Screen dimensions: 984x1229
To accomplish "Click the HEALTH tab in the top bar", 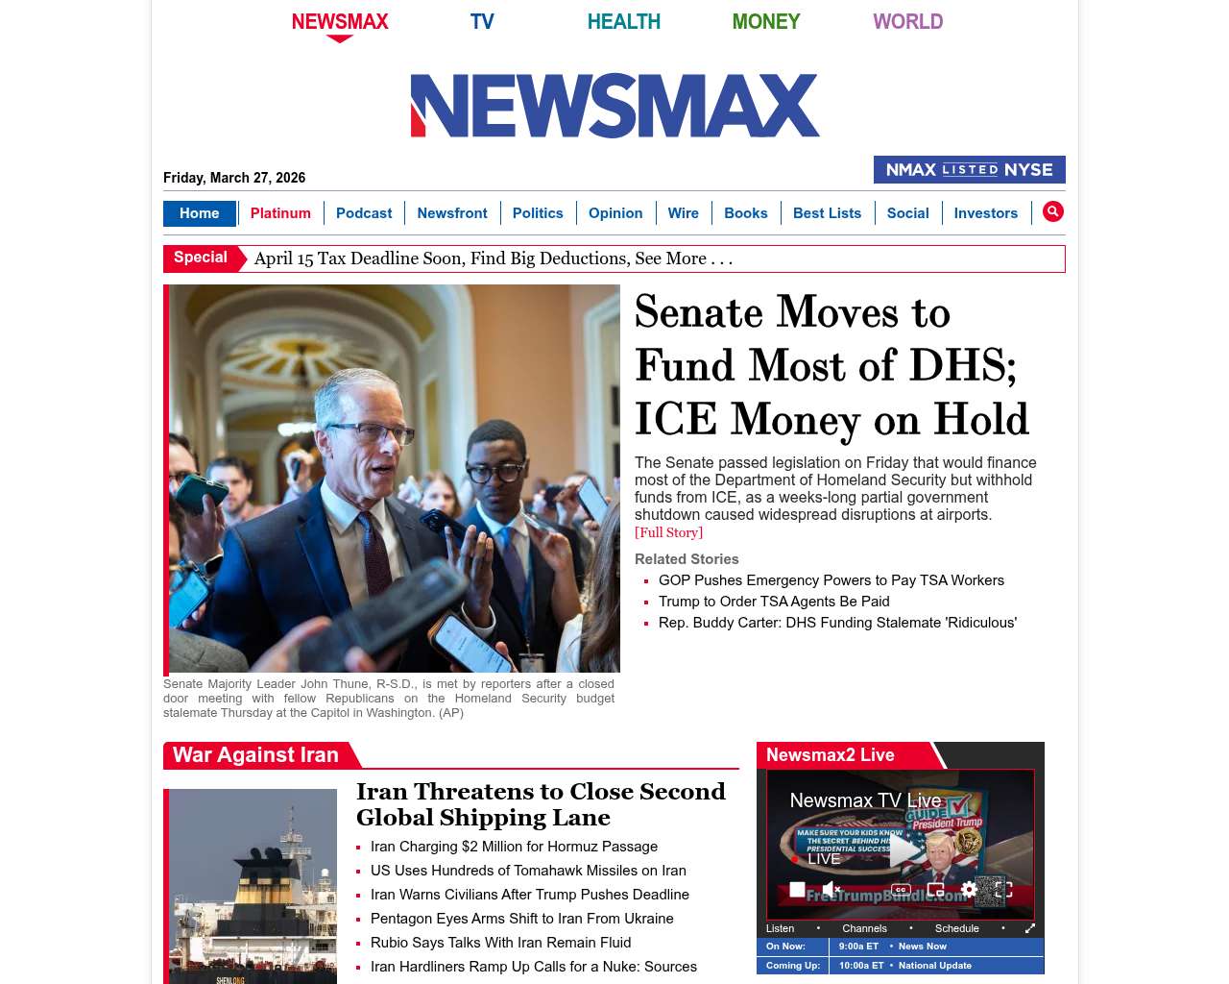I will [x=623, y=21].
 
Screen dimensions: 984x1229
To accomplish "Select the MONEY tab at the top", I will [x=765, y=21].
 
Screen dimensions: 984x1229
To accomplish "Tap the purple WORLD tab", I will [x=907, y=21].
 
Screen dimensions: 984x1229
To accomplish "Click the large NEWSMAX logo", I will [x=614, y=106].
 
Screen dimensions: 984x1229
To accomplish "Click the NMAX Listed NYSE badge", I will [x=969, y=170].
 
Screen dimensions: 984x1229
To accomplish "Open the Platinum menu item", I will [x=280, y=213].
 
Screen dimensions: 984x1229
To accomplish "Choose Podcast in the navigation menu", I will [x=364, y=213].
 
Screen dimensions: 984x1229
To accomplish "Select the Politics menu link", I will [x=538, y=213].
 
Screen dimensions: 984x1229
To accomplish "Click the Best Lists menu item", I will [x=827, y=213].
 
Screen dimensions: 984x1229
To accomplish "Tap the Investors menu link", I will [x=985, y=213].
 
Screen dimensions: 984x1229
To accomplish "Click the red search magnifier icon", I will [x=1053, y=211].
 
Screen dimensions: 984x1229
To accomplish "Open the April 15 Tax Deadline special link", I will [x=493, y=258].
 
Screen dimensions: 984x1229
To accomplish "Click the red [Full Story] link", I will [x=668, y=532].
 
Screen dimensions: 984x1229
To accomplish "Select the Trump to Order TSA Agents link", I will [x=774, y=602].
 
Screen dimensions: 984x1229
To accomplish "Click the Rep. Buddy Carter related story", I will [x=837, y=623].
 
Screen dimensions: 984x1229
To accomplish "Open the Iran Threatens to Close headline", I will [x=541, y=804].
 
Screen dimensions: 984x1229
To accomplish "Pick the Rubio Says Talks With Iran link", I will [x=500, y=943].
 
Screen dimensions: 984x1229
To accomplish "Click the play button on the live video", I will [x=904, y=849].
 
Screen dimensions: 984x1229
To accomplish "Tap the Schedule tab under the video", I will [x=956, y=928].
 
